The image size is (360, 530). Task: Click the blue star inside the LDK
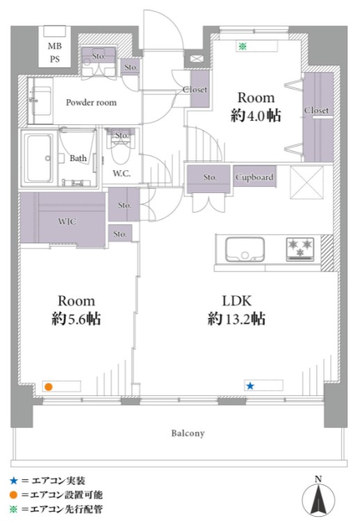249,386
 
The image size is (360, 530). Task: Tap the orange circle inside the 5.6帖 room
49,387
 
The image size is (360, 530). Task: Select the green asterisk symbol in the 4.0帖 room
242,46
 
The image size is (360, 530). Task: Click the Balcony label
188,433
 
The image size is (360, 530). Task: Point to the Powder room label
91,102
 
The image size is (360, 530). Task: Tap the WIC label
67,222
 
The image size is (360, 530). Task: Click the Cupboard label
254,176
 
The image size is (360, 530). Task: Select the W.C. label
122,174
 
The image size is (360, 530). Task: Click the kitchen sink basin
245,249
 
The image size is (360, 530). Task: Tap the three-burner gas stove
300,249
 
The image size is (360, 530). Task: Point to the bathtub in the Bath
39,158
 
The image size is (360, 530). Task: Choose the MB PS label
54,52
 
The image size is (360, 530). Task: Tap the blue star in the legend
13,480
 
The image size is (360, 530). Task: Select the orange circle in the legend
13,495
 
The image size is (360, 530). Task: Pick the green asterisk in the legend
13,509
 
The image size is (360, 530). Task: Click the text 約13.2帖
236,319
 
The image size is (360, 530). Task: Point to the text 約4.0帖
256,116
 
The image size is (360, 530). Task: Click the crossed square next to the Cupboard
306,183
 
